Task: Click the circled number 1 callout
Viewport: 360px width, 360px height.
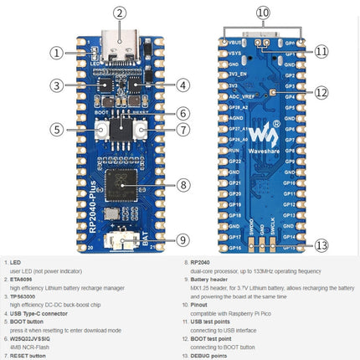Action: tap(57, 53)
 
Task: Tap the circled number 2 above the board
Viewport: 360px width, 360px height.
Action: tap(120, 13)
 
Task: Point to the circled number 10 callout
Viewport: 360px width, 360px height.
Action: tap(263, 13)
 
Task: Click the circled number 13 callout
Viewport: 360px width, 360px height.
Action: tap(321, 245)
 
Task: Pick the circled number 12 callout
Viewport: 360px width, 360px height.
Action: tap(321, 92)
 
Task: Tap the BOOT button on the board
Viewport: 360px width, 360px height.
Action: tap(101, 130)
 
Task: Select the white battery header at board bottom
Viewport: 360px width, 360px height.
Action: tap(122, 240)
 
